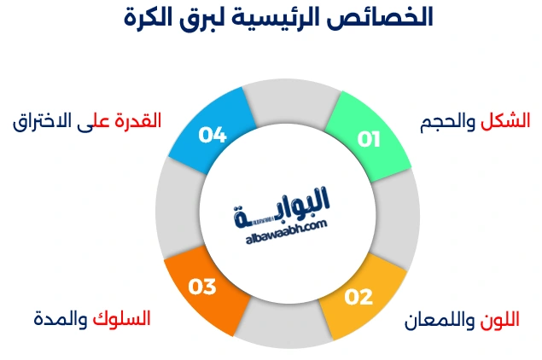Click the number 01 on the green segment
pyautogui.click(x=368, y=139)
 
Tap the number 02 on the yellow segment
pyautogui.click(x=358, y=297)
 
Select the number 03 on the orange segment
pyautogui.click(x=202, y=287)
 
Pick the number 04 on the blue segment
pyautogui.click(x=212, y=134)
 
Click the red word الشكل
pyautogui.click(x=505, y=121)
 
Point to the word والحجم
pyautogui.click(x=449, y=122)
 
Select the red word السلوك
pyautogui.click(x=121, y=319)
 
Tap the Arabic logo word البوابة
pyautogui.click(x=282, y=205)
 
